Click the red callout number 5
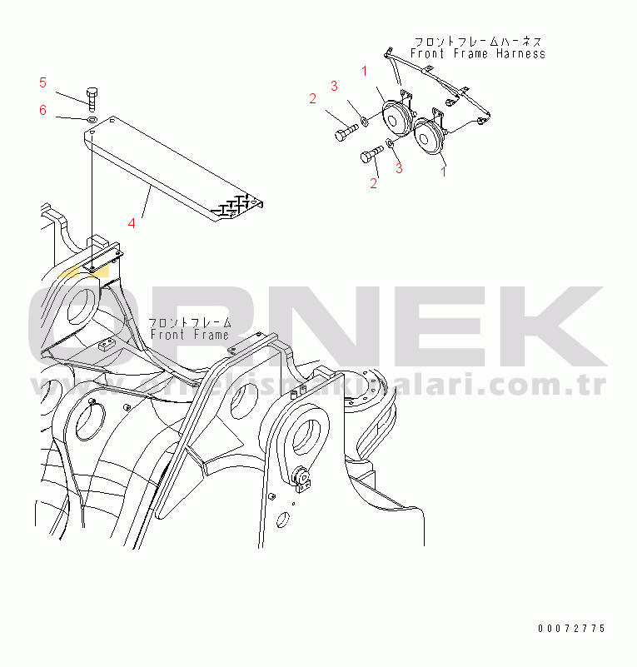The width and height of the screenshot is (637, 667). (x=42, y=82)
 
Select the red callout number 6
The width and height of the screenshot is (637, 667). (x=42, y=110)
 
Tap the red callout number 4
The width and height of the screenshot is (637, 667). (x=131, y=222)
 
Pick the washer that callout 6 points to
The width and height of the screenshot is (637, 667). (x=92, y=119)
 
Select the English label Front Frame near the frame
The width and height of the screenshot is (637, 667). (x=189, y=335)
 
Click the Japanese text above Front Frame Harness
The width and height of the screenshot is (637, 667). (x=480, y=41)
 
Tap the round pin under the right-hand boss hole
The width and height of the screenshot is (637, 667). (x=301, y=481)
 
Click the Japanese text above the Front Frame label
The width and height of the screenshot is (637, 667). (x=189, y=321)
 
